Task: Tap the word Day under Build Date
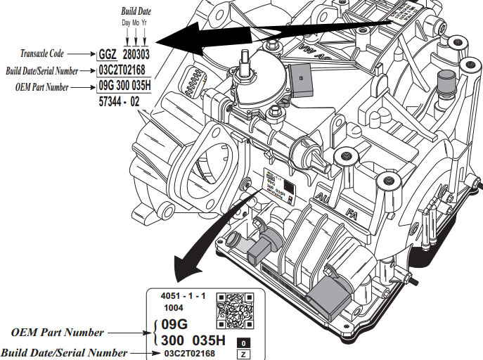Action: (x=126, y=22)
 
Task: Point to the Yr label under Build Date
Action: (x=144, y=22)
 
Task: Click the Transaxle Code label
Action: (x=53, y=53)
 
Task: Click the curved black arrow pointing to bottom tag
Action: (x=204, y=239)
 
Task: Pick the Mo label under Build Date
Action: (x=135, y=22)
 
